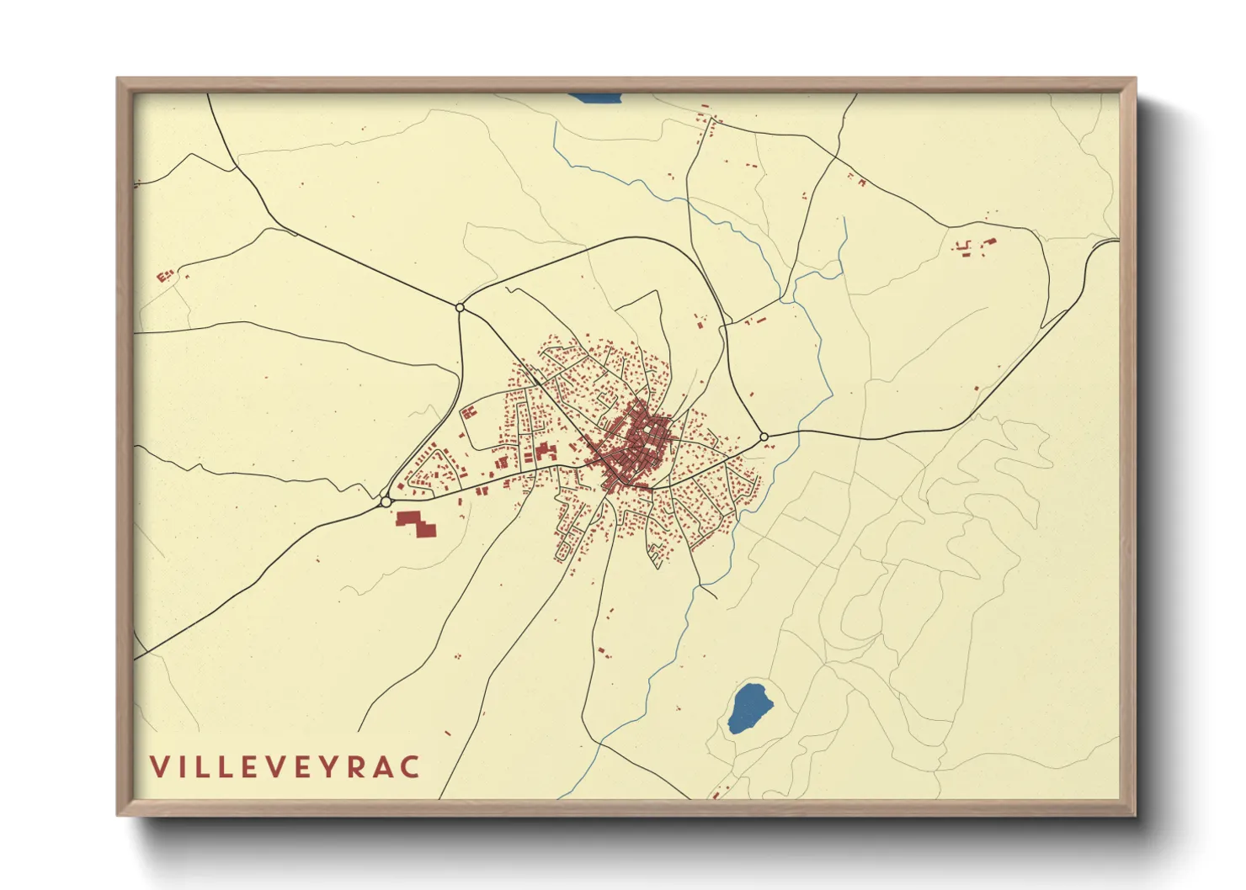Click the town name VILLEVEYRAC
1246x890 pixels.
(x=285, y=766)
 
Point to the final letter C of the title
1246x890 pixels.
(x=410, y=766)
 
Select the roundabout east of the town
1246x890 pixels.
(x=764, y=437)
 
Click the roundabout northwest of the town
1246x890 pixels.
(x=460, y=308)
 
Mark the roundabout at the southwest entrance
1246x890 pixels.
(x=386, y=501)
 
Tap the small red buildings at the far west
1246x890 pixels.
(x=165, y=274)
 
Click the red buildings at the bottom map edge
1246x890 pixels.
(x=716, y=793)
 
